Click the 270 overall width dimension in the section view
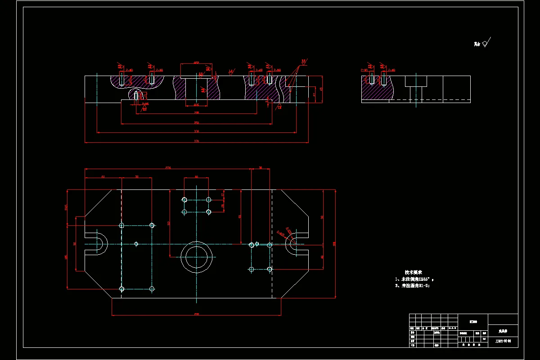pos(197,141)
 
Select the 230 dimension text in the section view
pos(197,131)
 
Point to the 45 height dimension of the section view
pos(321,89)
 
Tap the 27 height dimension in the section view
pos(314,94)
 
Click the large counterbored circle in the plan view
pos(197,257)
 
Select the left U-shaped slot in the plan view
pos(96,244)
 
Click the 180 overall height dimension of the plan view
pos(334,244)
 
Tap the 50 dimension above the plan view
pos(137,177)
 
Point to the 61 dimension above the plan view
pos(103,177)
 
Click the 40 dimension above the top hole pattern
pos(196,177)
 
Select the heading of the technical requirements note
pos(413,273)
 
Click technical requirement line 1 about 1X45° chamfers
pos(414,279)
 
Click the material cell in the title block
pos(473,322)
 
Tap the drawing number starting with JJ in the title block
pos(503,341)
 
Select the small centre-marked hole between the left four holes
pos(136,244)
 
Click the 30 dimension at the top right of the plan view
pos(261,168)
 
